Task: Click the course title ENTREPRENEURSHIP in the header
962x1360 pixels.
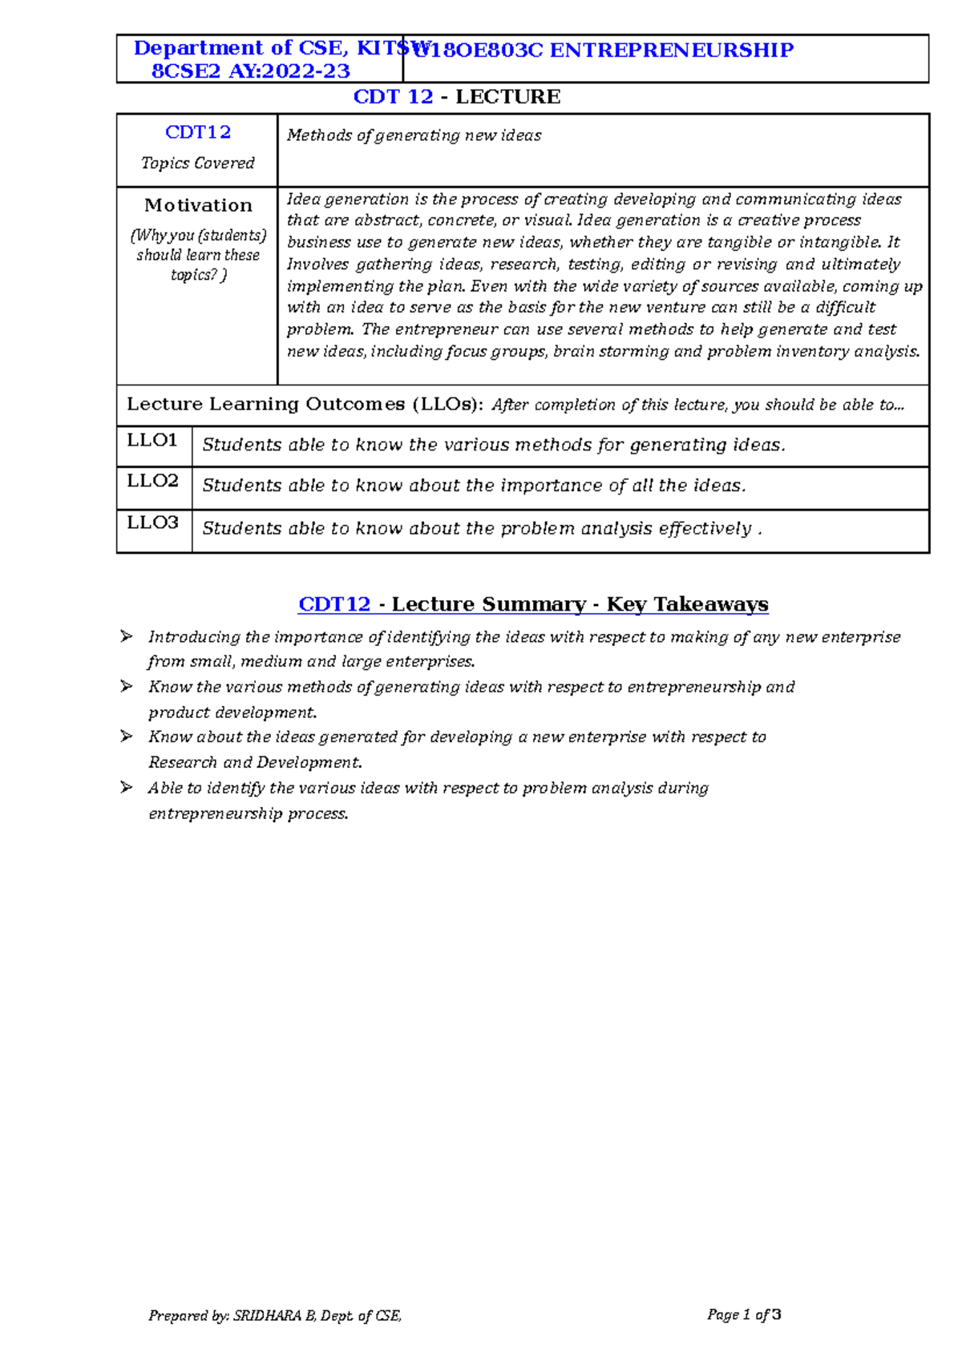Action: click(671, 50)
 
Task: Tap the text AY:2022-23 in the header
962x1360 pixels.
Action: click(289, 71)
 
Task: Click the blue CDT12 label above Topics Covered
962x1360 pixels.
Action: click(198, 132)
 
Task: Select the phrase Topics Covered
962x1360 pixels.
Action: click(198, 163)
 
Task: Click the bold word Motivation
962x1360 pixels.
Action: click(198, 205)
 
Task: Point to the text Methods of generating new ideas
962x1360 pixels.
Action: click(414, 135)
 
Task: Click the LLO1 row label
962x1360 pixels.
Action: click(152, 440)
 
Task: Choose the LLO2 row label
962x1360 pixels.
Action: click(152, 481)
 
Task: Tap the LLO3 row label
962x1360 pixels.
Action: click(152, 523)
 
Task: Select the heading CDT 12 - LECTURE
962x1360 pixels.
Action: click(457, 97)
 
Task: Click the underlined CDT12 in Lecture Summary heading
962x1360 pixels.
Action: click(334, 604)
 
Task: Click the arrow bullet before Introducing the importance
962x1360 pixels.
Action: click(126, 636)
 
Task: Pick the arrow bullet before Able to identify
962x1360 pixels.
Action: click(126, 787)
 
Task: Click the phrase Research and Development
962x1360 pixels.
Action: click(254, 762)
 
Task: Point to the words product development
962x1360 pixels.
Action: click(232, 712)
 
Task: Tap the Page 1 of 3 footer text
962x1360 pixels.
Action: click(744, 1314)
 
